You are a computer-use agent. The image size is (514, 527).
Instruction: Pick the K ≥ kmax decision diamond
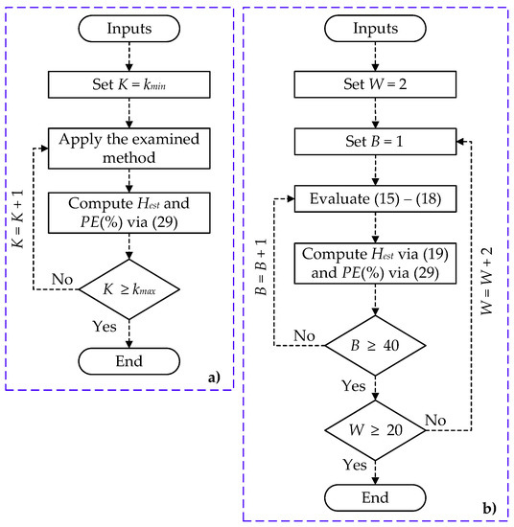coord(128,286)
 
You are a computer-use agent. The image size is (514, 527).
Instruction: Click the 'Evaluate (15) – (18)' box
coord(375,199)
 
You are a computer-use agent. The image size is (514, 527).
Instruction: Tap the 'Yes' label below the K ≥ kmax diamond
coord(104,327)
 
